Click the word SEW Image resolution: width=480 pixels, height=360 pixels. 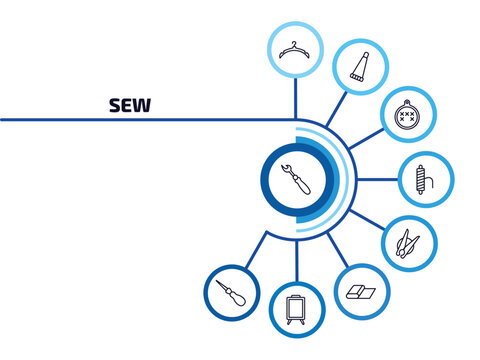[129, 105]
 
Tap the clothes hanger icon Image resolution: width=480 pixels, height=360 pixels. [294, 48]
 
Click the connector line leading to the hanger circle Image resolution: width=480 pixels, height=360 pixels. [294, 98]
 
